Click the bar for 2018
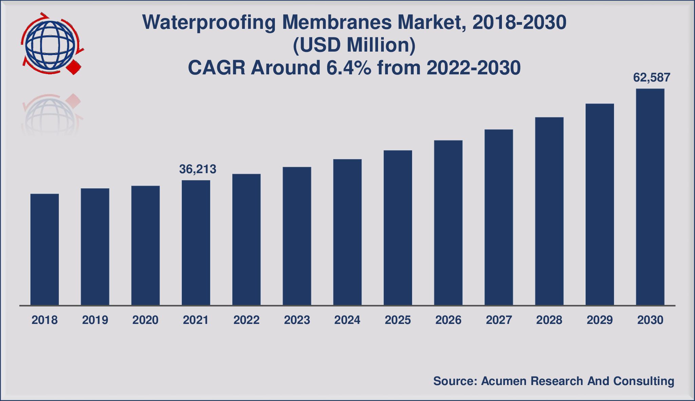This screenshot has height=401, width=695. pyautogui.click(x=44, y=250)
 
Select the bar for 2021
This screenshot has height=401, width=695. pyautogui.click(x=196, y=243)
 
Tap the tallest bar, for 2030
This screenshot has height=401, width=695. pyautogui.click(x=650, y=197)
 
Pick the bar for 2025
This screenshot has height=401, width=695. pyautogui.click(x=398, y=227)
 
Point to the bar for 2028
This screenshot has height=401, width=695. pyautogui.click(x=549, y=211)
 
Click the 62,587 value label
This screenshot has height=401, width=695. pyautogui.click(x=652, y=78)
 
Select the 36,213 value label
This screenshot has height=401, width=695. pyautogui.click(x=198, y=169)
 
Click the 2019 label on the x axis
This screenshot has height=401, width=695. pyautogui.click(x=95, y=320)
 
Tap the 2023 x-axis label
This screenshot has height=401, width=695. pyautogui.click(x=297, y=320)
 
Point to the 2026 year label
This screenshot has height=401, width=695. pyautogui.click(x=448, y=320)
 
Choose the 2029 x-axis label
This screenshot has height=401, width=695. pyautogui.click(x=600, y=320)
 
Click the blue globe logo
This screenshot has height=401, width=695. pyautogui.click(x=50, y=44)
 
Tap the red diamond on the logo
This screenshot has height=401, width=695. pyautogui.click(x=74, y=68)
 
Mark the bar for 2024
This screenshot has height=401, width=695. pyautogui.click(x=347, y=232)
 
